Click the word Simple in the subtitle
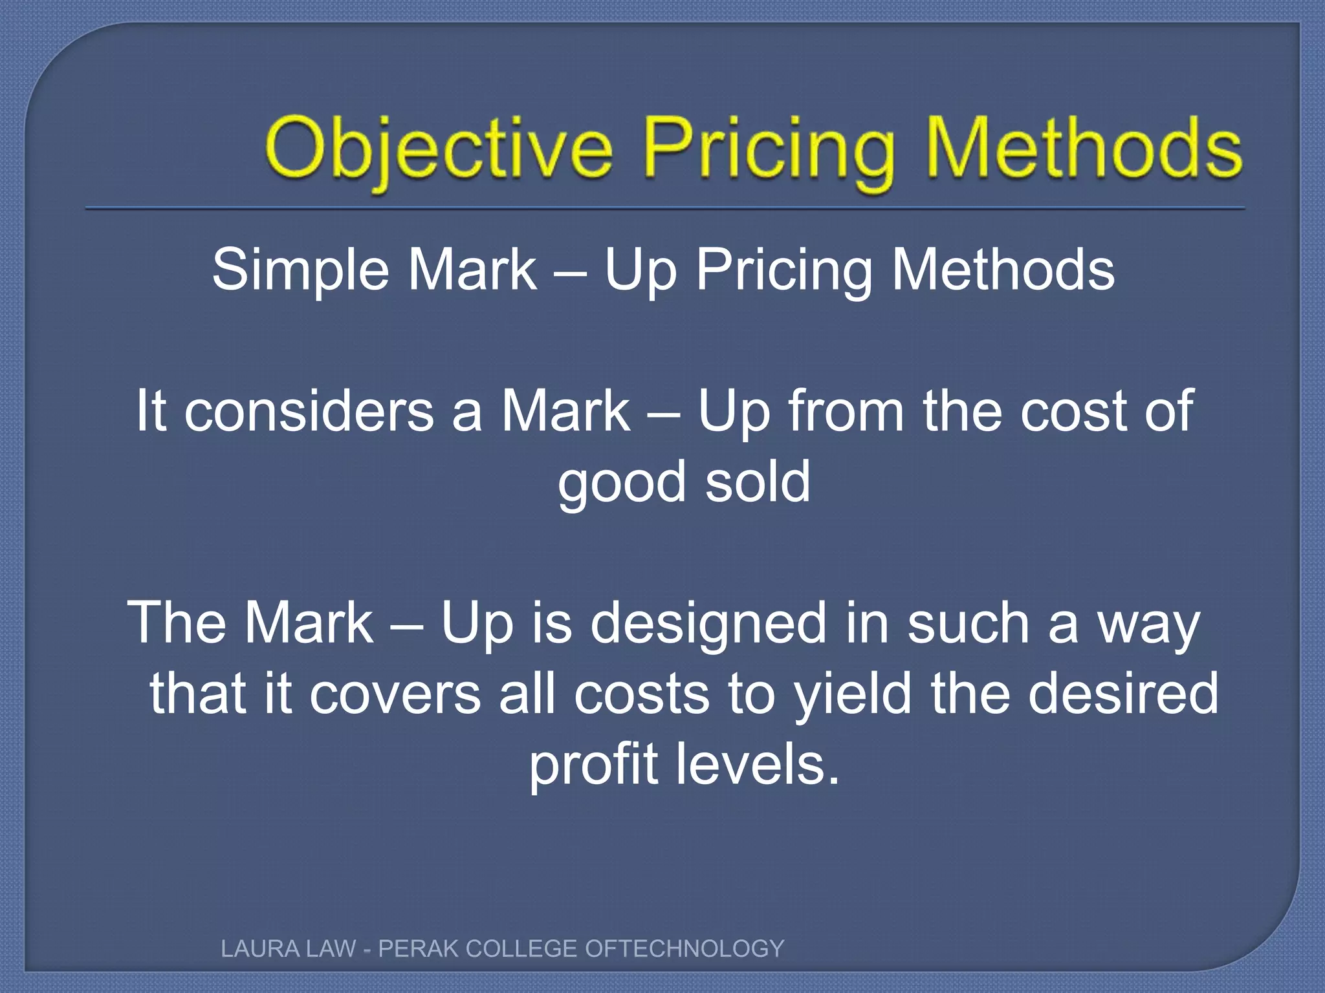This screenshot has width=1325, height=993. point(300,270)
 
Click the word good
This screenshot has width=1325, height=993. point(621,483)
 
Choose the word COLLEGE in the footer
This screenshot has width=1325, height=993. point(521,949)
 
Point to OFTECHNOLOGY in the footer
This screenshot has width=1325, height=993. point(684,949)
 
